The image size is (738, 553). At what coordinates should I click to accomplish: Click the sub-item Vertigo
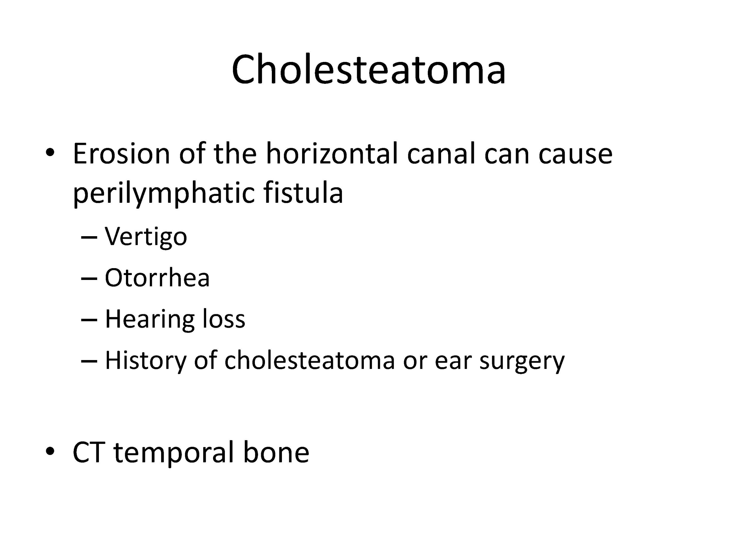tap(146, 237)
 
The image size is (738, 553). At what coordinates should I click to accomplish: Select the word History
tap(146, 361)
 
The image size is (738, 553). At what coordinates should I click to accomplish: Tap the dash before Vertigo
tap(89, 238)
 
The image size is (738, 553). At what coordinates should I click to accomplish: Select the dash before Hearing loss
tap(89, 320)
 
